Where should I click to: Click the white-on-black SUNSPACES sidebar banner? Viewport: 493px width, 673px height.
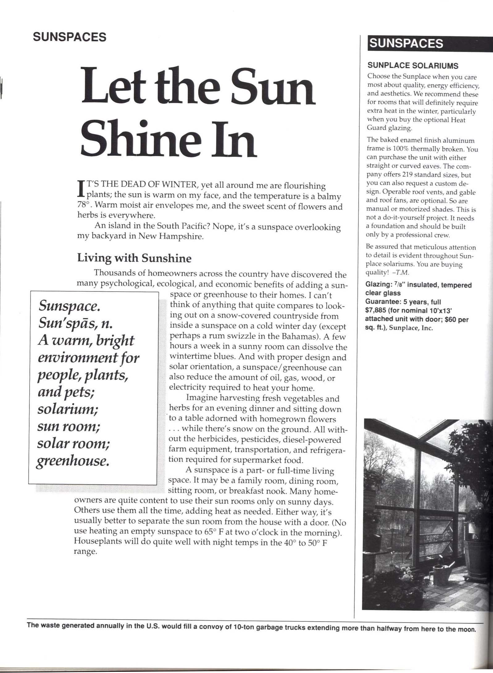[406, 43]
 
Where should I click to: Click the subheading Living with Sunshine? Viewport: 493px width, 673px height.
[134, 258]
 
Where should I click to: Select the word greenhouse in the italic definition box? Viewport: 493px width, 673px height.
[73, 461]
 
